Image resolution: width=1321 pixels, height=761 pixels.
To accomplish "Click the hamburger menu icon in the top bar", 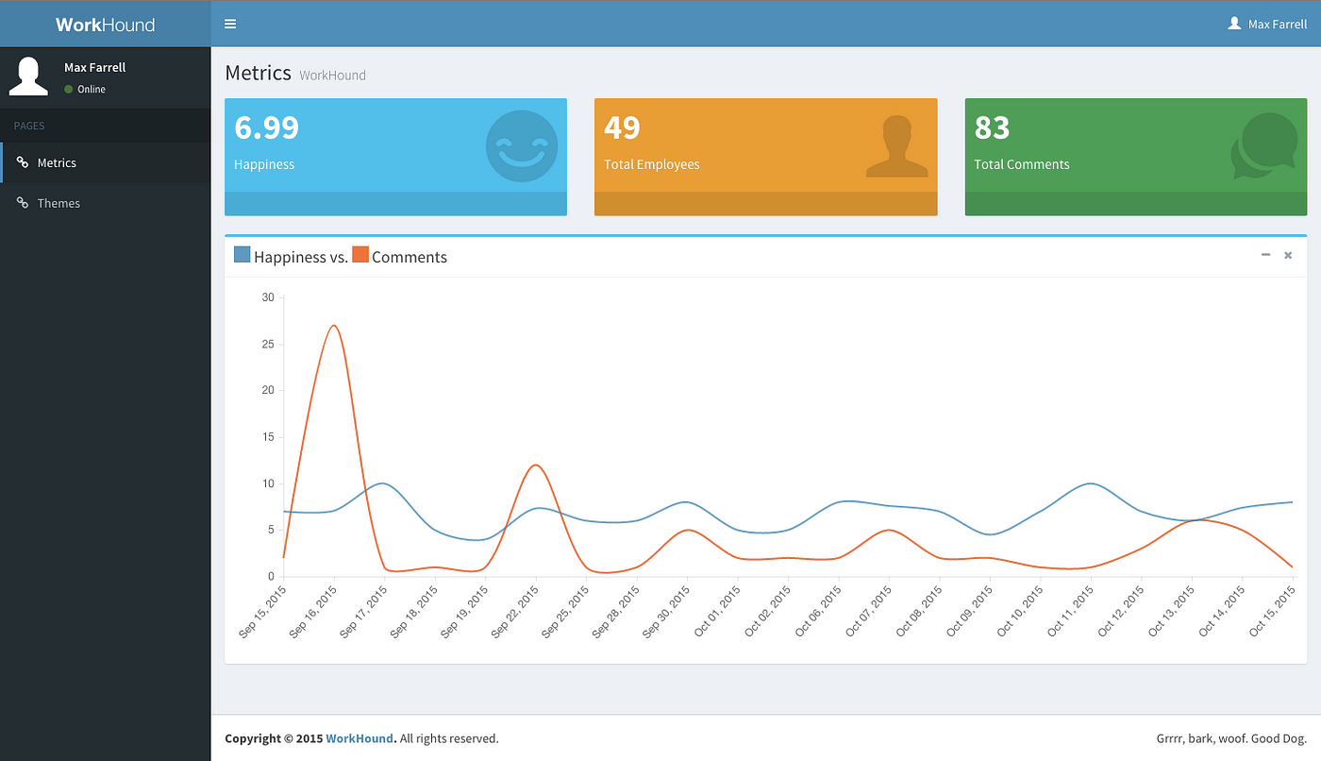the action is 230,24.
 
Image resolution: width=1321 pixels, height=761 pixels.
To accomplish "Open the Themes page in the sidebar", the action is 59,203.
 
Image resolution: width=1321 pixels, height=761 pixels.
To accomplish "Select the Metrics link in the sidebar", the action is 57,162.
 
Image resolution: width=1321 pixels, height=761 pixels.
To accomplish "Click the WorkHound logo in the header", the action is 105,25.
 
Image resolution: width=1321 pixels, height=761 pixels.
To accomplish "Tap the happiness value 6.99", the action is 266,127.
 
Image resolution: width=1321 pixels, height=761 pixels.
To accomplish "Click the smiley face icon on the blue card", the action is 521,146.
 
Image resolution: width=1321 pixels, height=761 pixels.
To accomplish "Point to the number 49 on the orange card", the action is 622,127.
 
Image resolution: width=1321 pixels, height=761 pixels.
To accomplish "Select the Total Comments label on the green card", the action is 1021,164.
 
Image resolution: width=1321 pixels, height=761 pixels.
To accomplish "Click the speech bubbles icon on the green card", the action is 1264,145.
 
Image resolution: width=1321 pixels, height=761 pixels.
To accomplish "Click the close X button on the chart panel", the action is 1288,256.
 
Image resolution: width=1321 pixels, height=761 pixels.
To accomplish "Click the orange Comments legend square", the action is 360,254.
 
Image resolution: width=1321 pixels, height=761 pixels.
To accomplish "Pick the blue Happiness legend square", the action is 242,254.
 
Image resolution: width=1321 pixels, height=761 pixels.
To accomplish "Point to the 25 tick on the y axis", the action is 268,344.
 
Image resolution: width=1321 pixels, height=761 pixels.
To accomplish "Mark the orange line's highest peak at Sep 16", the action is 334,326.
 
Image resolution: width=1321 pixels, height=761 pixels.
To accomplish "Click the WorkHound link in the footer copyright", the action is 360,738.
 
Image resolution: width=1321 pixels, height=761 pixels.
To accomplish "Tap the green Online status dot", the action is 68,89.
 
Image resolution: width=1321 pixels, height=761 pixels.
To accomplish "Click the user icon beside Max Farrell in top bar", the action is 1234,24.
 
